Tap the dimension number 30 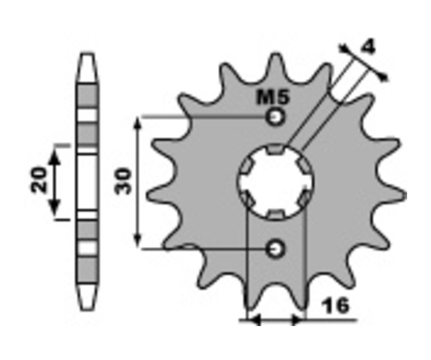click(124, 181)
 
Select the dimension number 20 click(39, 180)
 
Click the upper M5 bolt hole click(275, 117)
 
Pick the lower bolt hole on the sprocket click(275, 249)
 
